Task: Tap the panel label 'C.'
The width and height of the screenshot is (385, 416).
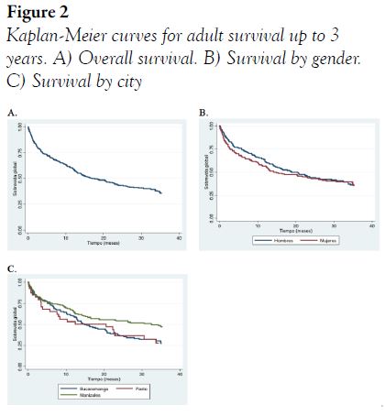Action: point(12,269)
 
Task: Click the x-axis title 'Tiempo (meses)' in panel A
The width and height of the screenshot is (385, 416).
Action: point(103,243)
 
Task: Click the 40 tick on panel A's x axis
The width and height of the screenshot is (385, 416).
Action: point(180,237)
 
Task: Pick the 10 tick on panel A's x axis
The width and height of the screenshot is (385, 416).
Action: point(65,237)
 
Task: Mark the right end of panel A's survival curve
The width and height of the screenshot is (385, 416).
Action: point(161,193)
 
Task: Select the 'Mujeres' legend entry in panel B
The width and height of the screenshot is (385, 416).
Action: point(327,240)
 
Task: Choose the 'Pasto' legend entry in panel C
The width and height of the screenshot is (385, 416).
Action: point(141,389)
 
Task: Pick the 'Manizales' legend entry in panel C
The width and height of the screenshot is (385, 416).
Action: point(90,396)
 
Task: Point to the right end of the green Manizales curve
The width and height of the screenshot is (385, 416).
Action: point(162,326)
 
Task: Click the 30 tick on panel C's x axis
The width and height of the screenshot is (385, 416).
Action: point(141,373)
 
